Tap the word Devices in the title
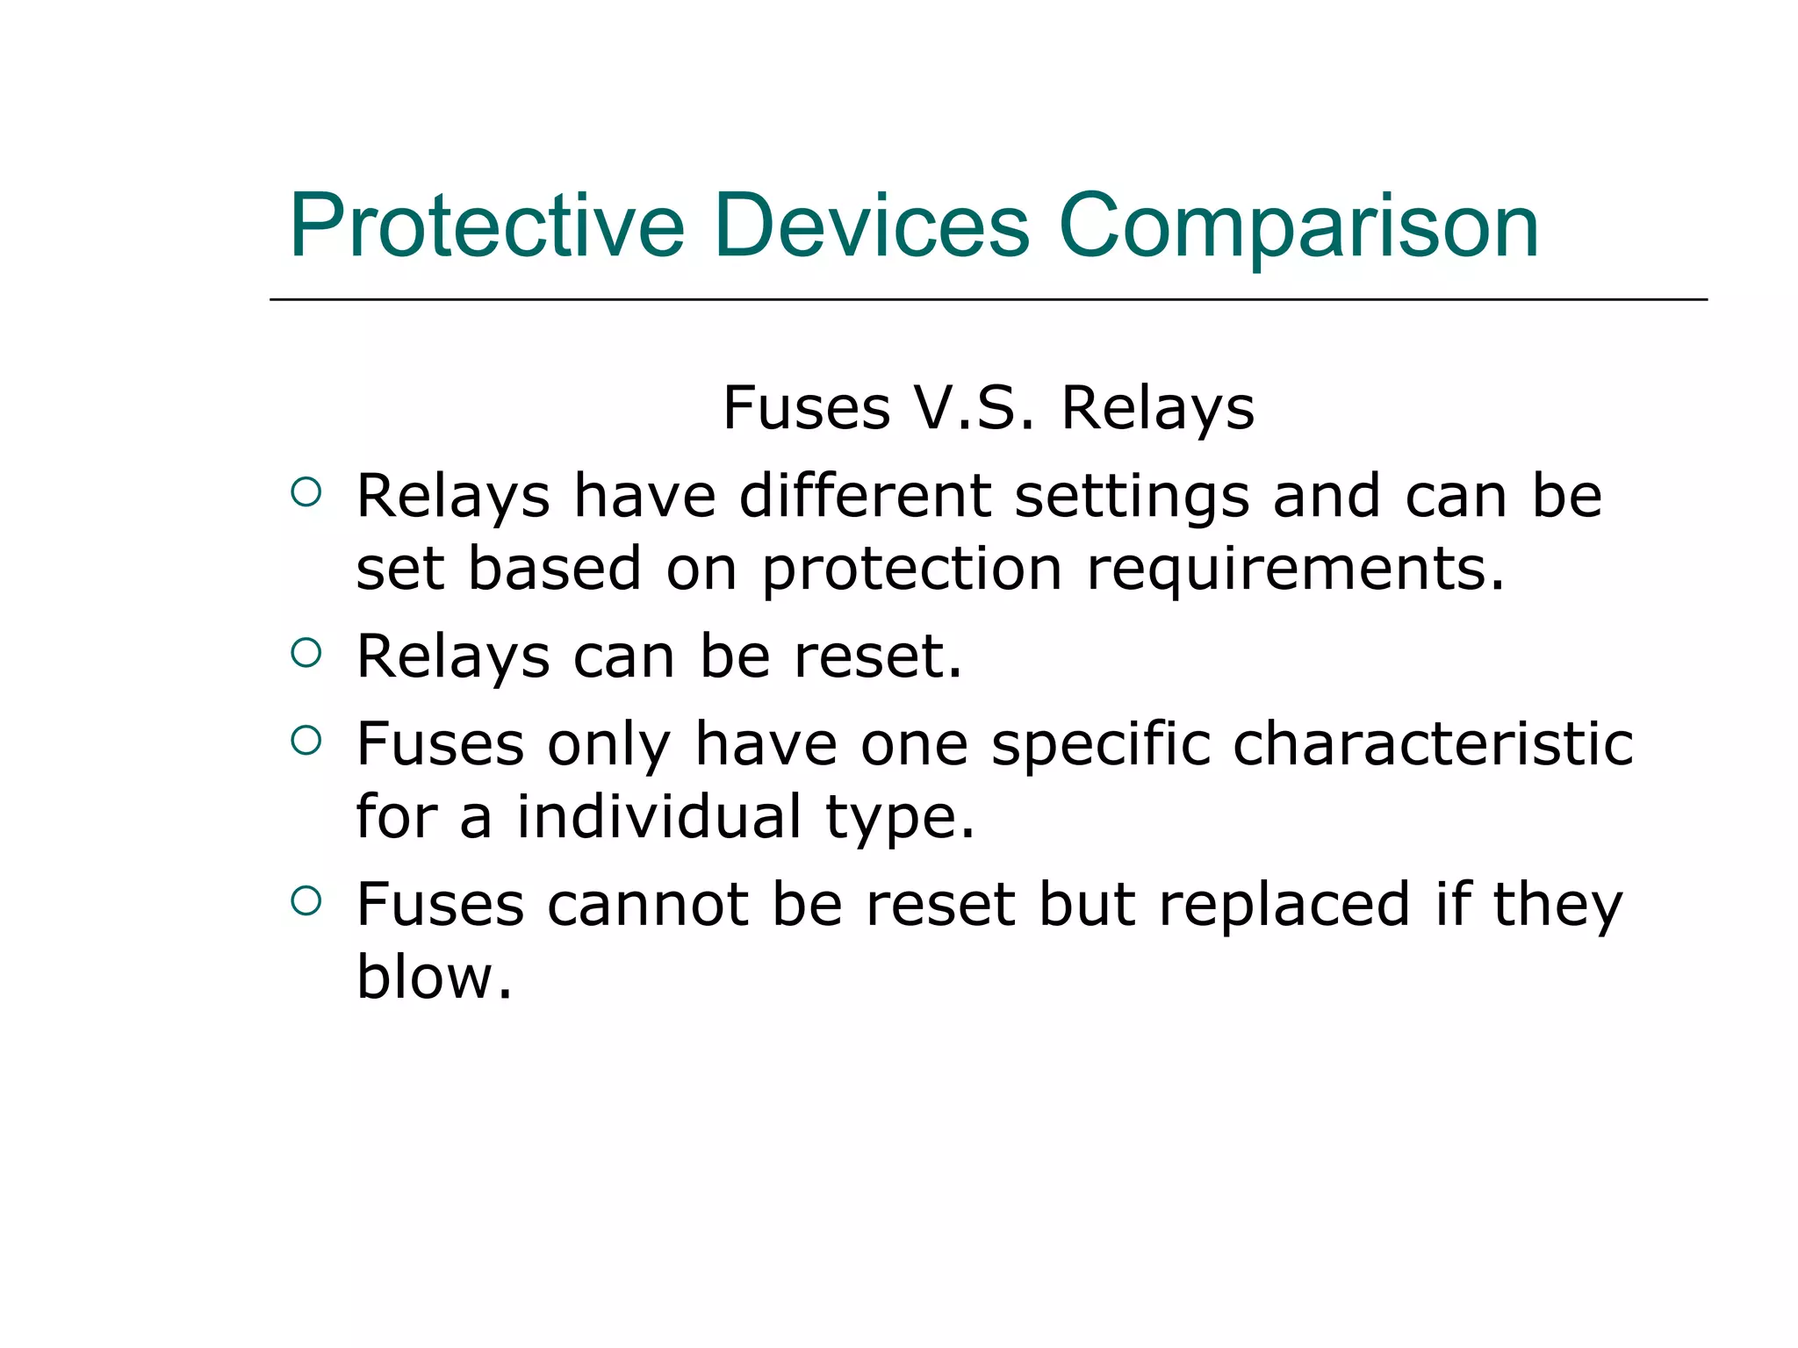click(871, 226)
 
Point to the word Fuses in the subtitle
click(806, 408)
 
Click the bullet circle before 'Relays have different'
click(306, 492)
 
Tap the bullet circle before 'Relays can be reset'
click(306, 653)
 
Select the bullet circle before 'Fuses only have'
click(306, 741)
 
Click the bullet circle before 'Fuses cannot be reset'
click(306, 901)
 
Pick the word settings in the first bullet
click(1132, 498)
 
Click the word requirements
click(1295, 570)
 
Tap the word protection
click(911, 570)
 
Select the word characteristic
click(1433, 744)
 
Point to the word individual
click(658, 817)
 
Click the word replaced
click(1284, 905)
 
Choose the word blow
click(434, 977)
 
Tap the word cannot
click(648, 905)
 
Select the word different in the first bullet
click(865, 496)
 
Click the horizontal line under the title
click(988, 300)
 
